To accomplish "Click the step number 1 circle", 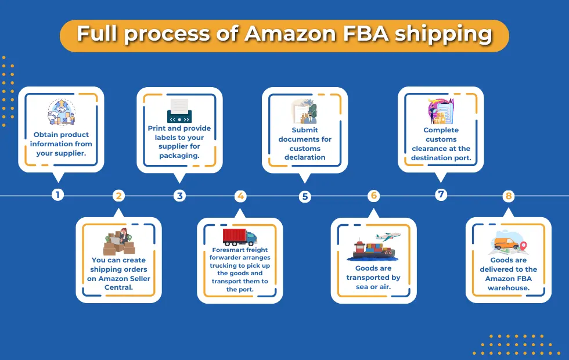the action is click(57, 195).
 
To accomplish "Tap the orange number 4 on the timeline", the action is click(240, 196).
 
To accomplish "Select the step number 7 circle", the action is click(441, 195).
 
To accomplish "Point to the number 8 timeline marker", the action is click(509, 196).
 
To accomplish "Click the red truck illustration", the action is click(240, 237).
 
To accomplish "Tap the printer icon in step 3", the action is click(179, 111).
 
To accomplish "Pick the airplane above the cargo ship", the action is click(388, 237).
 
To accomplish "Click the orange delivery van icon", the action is click(506, 243).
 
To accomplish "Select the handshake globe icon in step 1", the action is click(62, 112).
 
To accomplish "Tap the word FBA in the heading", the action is click(366, 34).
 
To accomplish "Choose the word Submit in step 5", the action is click(305, 130).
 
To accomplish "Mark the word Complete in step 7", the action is click(441, 130).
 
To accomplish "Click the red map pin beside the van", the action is click(523, 246).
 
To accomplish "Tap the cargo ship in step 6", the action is click(372, 250).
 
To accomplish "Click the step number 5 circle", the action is click(305, 197).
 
